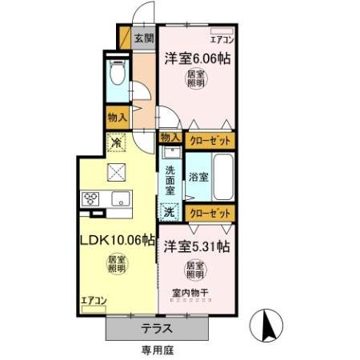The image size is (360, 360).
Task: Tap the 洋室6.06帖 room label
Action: pos(194,58)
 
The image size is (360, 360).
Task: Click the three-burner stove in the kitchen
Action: pos(90,199)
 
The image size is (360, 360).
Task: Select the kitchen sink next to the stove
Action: pos(120,199)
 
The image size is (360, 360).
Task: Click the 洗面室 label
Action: pos(170,181)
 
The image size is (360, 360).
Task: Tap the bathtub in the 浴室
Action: pos(223,178)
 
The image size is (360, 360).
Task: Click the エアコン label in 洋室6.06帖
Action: pos(222,38)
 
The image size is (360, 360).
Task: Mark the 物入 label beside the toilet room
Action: pos(117,116)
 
